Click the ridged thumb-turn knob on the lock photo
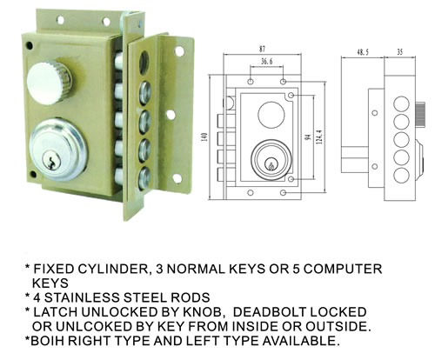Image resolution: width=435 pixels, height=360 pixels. [x=49, y=83]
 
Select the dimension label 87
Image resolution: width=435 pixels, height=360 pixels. [x=262, y=49]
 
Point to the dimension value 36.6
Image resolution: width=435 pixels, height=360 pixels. [x=266, y=62]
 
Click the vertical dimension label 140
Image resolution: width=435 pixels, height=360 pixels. [x=204, y=137]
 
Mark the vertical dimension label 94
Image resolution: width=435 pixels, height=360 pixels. [x=308, y=137]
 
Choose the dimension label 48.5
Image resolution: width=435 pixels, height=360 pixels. [x=363, y=52]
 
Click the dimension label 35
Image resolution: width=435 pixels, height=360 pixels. [x=400, y=52]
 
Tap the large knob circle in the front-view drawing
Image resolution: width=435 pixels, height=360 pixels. [x=271, y=114]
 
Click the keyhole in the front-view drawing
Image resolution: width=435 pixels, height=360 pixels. [x=271, y=164]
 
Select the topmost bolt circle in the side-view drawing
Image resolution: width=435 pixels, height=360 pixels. [x=402, y=104]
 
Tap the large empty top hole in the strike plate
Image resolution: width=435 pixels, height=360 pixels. [x=144, y=62]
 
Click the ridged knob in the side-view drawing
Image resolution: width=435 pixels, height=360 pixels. [x=419, y=114]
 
